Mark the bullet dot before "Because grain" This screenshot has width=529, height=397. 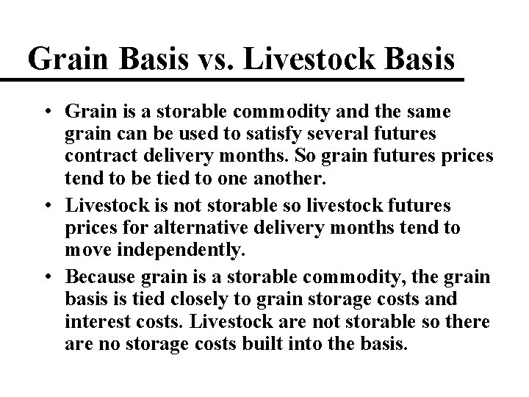(x=46, y=276)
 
